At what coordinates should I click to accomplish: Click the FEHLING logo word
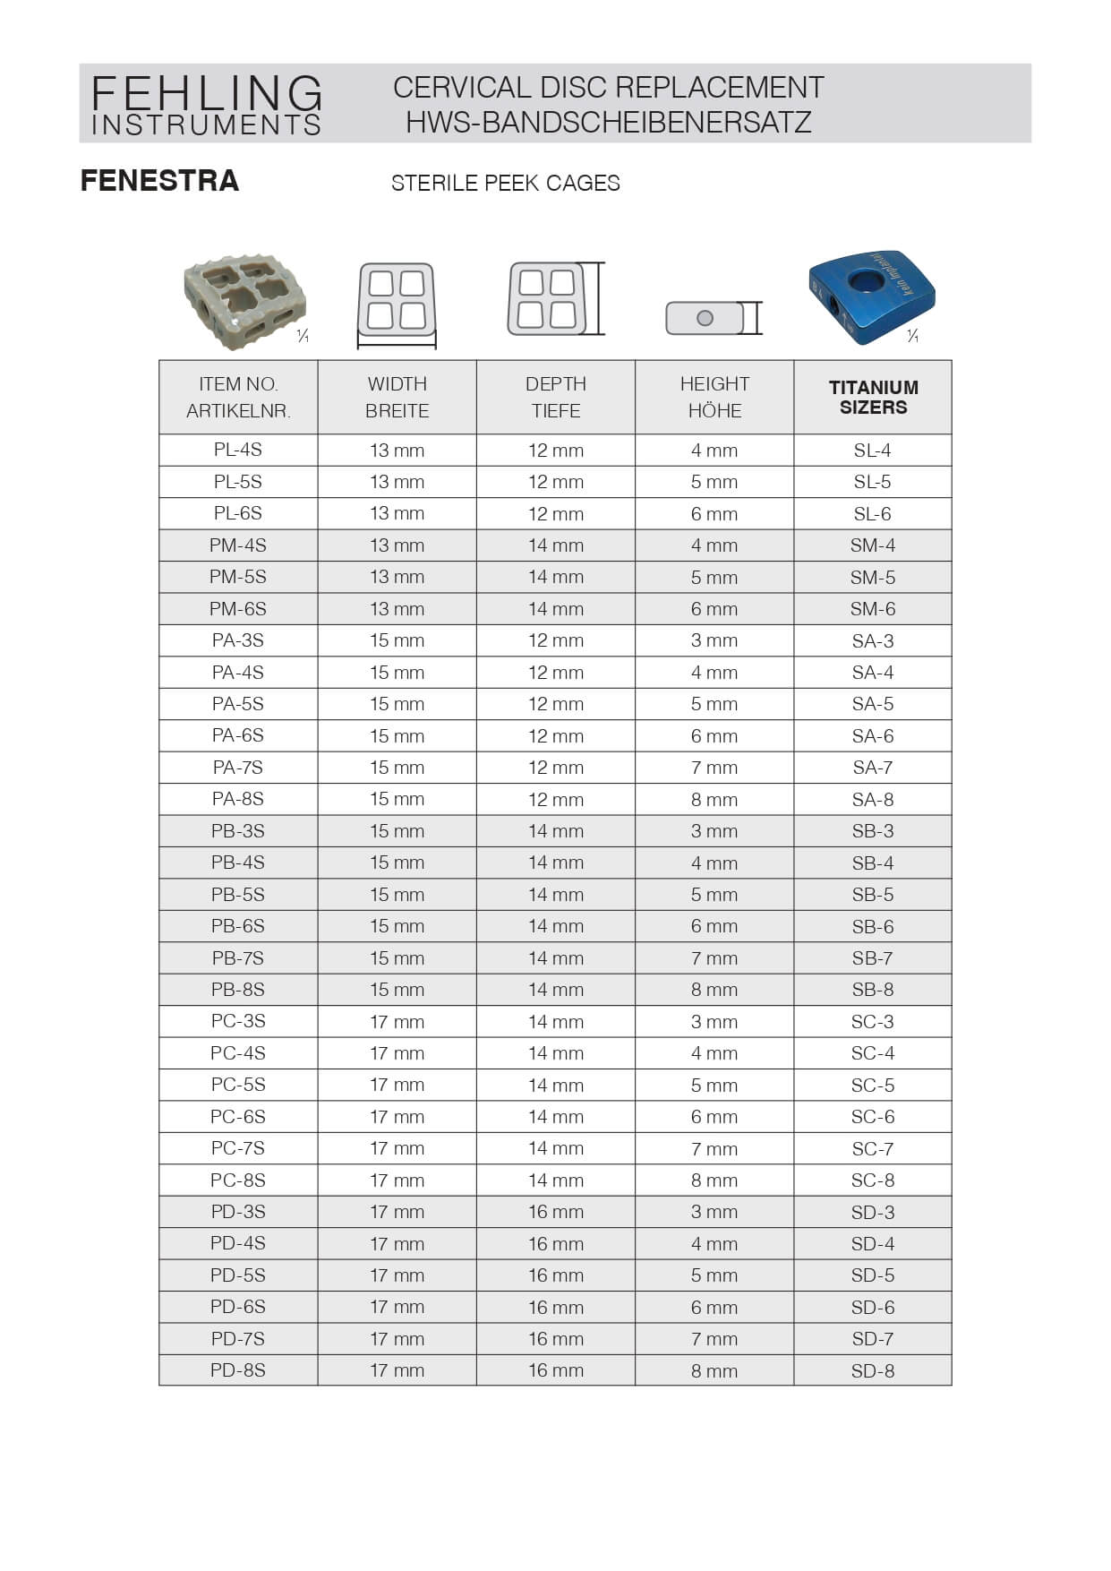(x=206, y=92)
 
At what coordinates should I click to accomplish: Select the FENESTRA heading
(x=159, y=181)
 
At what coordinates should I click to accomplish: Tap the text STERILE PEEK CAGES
(x=505, y=184)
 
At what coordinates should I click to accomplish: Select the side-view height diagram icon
(x=713, y=318)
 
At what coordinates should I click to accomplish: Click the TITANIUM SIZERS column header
(x=873, y=397)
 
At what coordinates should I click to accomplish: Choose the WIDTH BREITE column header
(x=397, y=397)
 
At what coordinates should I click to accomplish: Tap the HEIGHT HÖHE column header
(x=714, y=397)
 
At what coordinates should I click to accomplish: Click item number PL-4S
(x=238, y=450)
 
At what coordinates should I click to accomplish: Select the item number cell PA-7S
(x=238, y=768)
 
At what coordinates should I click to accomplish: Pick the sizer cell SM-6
(x=873, y=609)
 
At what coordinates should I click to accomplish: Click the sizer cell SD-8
(x=873, y=1370)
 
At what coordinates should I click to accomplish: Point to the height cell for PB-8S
(x=714, y=990)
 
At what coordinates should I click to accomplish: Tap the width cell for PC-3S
(x=397, y=1022)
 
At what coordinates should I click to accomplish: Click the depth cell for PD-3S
(x=555, y=1212)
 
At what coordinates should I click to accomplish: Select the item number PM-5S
(x=238, y=577)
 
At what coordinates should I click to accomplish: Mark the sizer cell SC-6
(x=873, y=1117)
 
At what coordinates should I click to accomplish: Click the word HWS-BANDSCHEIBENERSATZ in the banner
(x=608, y=122)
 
